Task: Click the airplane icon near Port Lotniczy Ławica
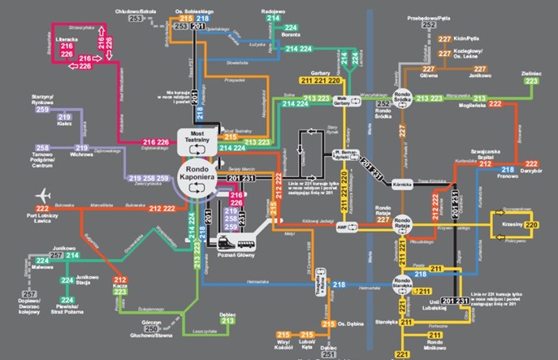[x=44, y=195]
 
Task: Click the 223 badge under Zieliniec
[x=531, y=81]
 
